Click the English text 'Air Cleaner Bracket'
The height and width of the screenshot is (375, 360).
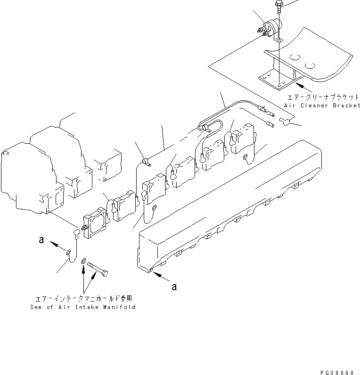322,106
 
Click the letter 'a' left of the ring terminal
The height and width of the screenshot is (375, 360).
41,240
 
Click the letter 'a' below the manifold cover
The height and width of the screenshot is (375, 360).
174,286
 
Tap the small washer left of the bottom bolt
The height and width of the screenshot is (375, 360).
83,261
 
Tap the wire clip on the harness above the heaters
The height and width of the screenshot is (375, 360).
146,162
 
